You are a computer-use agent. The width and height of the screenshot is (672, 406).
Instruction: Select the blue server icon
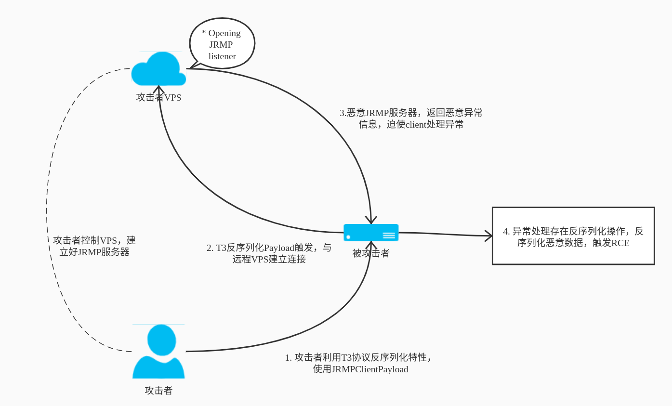(x=371, y=233)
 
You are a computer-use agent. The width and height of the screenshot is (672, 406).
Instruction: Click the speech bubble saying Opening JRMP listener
(x=222, y=44)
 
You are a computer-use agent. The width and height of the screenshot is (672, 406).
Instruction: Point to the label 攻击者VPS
(x=158, y=97)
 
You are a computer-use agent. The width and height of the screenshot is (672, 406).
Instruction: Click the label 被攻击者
(x=371, y=253)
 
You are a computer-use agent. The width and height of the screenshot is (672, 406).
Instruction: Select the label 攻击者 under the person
(x=158, y=391)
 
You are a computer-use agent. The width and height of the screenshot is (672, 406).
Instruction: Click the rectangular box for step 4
(x=573, y=236)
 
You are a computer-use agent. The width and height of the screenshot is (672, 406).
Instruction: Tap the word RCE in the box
(x=620, y=243)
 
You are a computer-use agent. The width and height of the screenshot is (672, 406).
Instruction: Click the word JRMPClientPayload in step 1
(x=370, y=369)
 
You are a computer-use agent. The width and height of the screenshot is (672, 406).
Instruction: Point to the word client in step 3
(x=416, y=125)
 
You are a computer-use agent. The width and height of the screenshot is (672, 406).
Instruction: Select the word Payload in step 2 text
(x=279, y=248)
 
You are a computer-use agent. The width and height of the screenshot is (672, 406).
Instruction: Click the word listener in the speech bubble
(x=222, y=56)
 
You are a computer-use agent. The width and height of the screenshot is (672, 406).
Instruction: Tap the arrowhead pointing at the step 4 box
(x=489, y=236)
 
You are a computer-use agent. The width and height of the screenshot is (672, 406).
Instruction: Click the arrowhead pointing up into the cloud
(x=158, y=89)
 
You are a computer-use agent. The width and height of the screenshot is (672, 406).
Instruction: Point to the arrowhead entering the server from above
(x=371, y=221)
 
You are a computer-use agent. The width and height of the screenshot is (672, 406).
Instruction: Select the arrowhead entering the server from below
(x=371, y=245)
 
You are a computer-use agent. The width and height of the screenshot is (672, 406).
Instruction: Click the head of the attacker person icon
(x=161, y=340)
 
